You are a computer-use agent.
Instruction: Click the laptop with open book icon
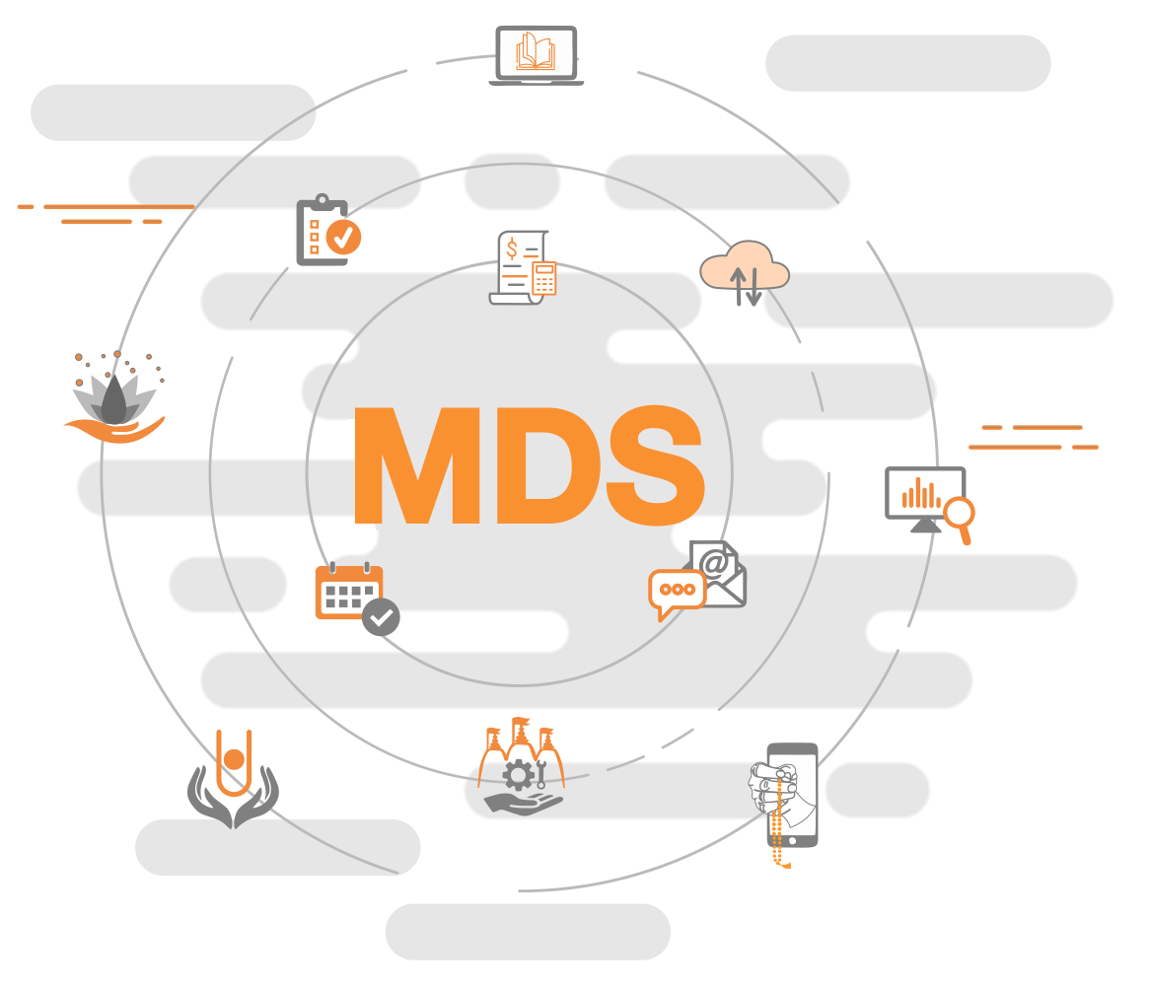point(537,55)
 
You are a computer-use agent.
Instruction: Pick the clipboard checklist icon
point(323,233)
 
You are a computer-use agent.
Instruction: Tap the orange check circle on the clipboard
point(344,238)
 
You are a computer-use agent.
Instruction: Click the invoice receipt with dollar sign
point(519,266)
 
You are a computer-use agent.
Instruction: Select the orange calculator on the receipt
point(544,278)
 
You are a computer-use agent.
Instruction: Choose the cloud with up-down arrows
point(745,271)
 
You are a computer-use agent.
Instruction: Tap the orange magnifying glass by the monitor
point(959,515)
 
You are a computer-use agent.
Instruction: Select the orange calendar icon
point(348,591)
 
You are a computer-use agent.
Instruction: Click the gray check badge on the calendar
point(381,617)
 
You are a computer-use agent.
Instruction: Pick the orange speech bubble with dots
point(677,591)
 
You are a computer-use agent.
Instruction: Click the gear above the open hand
point(519,775)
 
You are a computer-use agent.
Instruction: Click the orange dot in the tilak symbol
point(234,759)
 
